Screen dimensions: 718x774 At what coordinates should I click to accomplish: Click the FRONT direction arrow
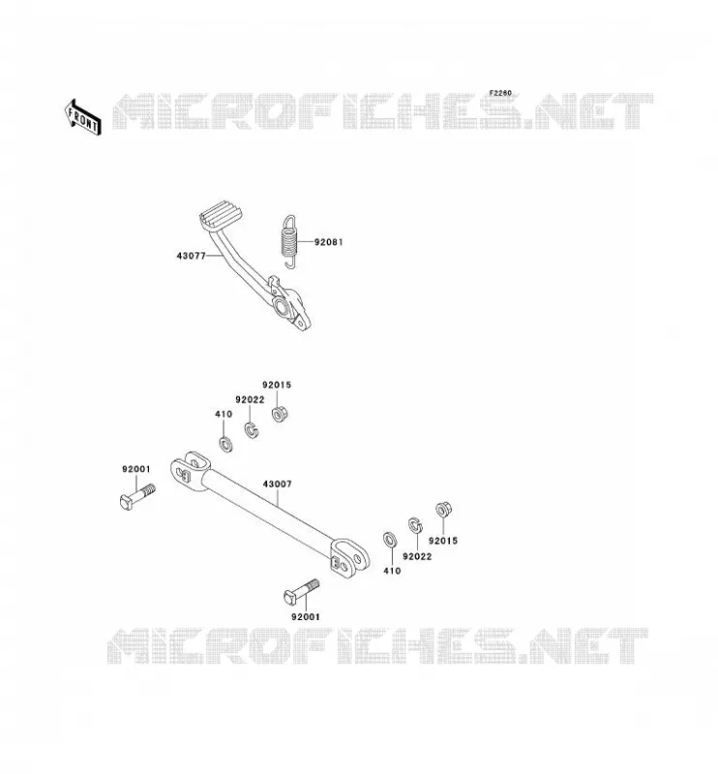click(x=82, y=118)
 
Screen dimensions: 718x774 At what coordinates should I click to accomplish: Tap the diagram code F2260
click(x=500, y=93)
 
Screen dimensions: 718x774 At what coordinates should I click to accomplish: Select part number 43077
click(x=191, y=255)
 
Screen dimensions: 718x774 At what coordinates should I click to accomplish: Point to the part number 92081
click(x=328, y=242)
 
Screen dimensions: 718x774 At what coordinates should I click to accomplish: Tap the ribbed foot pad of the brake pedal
click(x=221, y=215)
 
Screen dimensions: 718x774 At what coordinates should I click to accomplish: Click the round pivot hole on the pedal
click(x=282, y=308)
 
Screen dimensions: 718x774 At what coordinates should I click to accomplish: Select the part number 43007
click(x=277, y=485)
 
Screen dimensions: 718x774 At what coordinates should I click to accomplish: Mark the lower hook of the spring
click(x=291, y=263)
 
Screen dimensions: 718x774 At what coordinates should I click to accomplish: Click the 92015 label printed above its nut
click(x=277, y=385)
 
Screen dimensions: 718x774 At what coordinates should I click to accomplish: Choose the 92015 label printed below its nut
click(x=443, y=541)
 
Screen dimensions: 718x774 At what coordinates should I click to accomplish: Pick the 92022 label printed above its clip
click(x=250, y=400)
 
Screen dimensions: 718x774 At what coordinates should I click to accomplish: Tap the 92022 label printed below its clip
click(x=417, y=556)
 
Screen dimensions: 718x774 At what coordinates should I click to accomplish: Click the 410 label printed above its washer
click(x=224, y=414)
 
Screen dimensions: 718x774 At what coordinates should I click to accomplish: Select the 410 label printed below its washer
click(x=392, y=571)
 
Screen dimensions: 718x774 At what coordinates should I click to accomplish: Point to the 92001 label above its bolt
click(x=136, y=469)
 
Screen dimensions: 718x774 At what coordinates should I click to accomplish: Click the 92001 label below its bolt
click(x=306, y=616)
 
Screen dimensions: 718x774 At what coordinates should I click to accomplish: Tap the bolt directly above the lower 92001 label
click(x=302, y=591)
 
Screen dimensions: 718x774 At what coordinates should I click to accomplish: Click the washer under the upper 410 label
click(x=226, y=444)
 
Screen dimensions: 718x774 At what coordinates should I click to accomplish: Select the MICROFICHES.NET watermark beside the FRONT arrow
click(x=382, y=111)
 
